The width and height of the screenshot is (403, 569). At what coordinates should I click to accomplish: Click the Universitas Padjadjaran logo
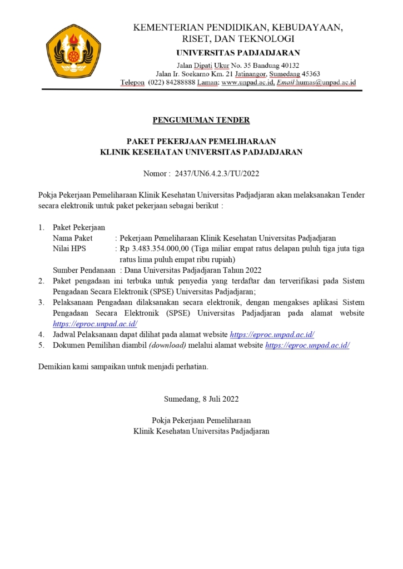pos(73,52)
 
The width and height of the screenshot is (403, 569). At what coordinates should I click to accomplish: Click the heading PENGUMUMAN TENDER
pos(201,119)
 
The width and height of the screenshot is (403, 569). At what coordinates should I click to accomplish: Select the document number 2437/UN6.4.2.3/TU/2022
pos(217,173)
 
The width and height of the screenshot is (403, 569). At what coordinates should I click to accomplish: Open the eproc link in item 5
pos(307,345)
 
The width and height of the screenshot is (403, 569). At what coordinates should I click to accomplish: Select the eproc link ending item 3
pos(95,324)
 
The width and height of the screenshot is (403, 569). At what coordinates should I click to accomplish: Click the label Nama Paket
pos(72,238)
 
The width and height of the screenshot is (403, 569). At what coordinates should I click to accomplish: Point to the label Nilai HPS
pos(69,248)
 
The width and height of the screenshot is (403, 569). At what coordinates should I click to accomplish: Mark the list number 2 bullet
pos(41,281)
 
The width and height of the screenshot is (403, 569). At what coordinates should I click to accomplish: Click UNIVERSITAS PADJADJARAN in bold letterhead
pos(238,53)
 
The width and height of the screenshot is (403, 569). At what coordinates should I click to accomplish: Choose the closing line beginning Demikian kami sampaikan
pos(123,367)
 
